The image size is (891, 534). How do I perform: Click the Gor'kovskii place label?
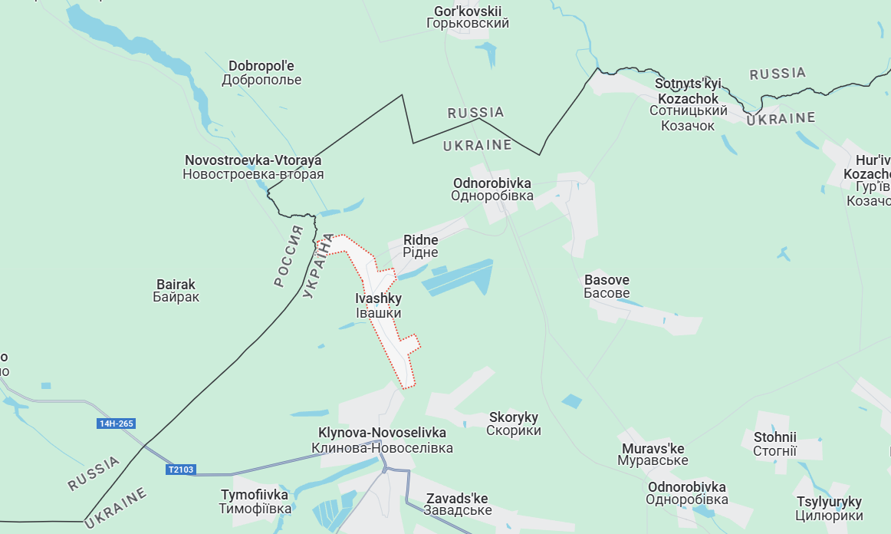(468, 17)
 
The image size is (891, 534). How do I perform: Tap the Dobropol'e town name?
(261, 73)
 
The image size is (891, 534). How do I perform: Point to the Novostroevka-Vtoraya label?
(253, 167)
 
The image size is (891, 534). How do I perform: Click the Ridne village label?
(421, 246)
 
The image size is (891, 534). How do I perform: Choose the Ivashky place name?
(379, 305)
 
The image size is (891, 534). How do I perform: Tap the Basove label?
(607, 286)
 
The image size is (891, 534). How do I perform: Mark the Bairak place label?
(176, 291)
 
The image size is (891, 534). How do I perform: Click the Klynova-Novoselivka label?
(382, 440)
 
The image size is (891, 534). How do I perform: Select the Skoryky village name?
(514, 424)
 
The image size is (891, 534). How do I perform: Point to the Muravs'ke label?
(653, 454)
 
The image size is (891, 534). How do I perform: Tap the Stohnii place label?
(774, 444)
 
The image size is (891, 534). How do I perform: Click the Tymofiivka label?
(255, 501)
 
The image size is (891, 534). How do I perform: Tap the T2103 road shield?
(180, 470)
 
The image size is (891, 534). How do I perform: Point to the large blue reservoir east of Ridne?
(458, 278)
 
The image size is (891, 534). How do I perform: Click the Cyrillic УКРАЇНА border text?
(318, 265)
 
